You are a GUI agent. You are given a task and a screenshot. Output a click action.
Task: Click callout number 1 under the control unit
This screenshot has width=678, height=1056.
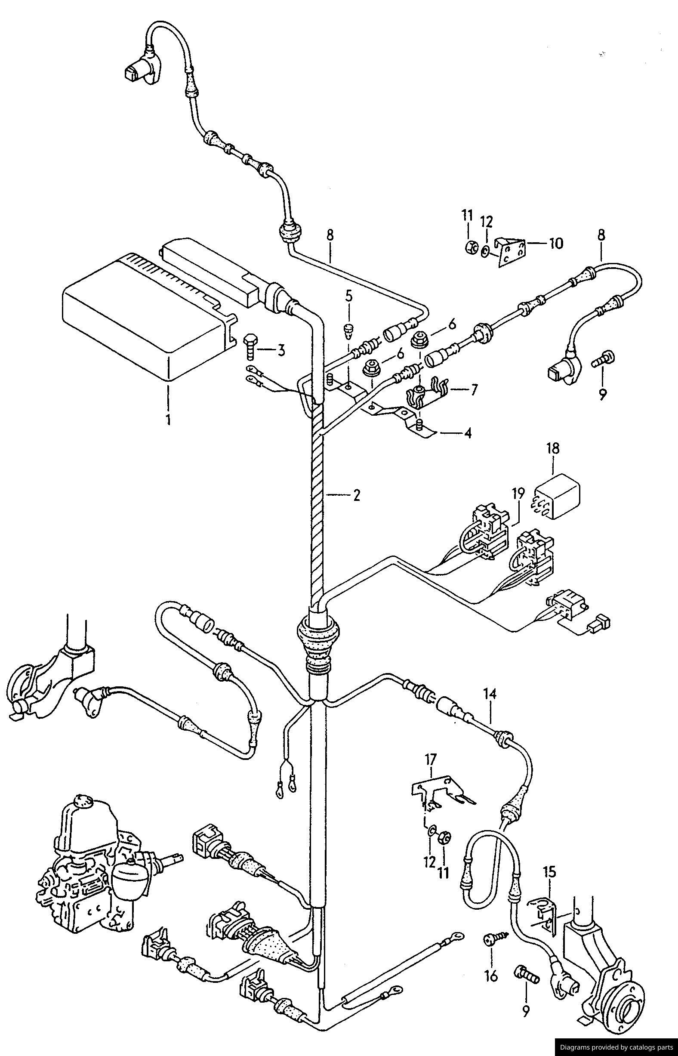(168, 418)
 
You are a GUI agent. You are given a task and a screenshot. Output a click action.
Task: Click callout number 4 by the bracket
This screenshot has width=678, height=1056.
(468, 433)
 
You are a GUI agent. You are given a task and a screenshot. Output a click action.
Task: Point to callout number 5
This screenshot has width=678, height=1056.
(349, 296)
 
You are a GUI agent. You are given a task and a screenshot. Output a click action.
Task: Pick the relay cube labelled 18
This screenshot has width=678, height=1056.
(558, 497)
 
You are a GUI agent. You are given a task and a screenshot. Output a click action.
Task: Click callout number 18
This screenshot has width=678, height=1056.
(553, 449)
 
